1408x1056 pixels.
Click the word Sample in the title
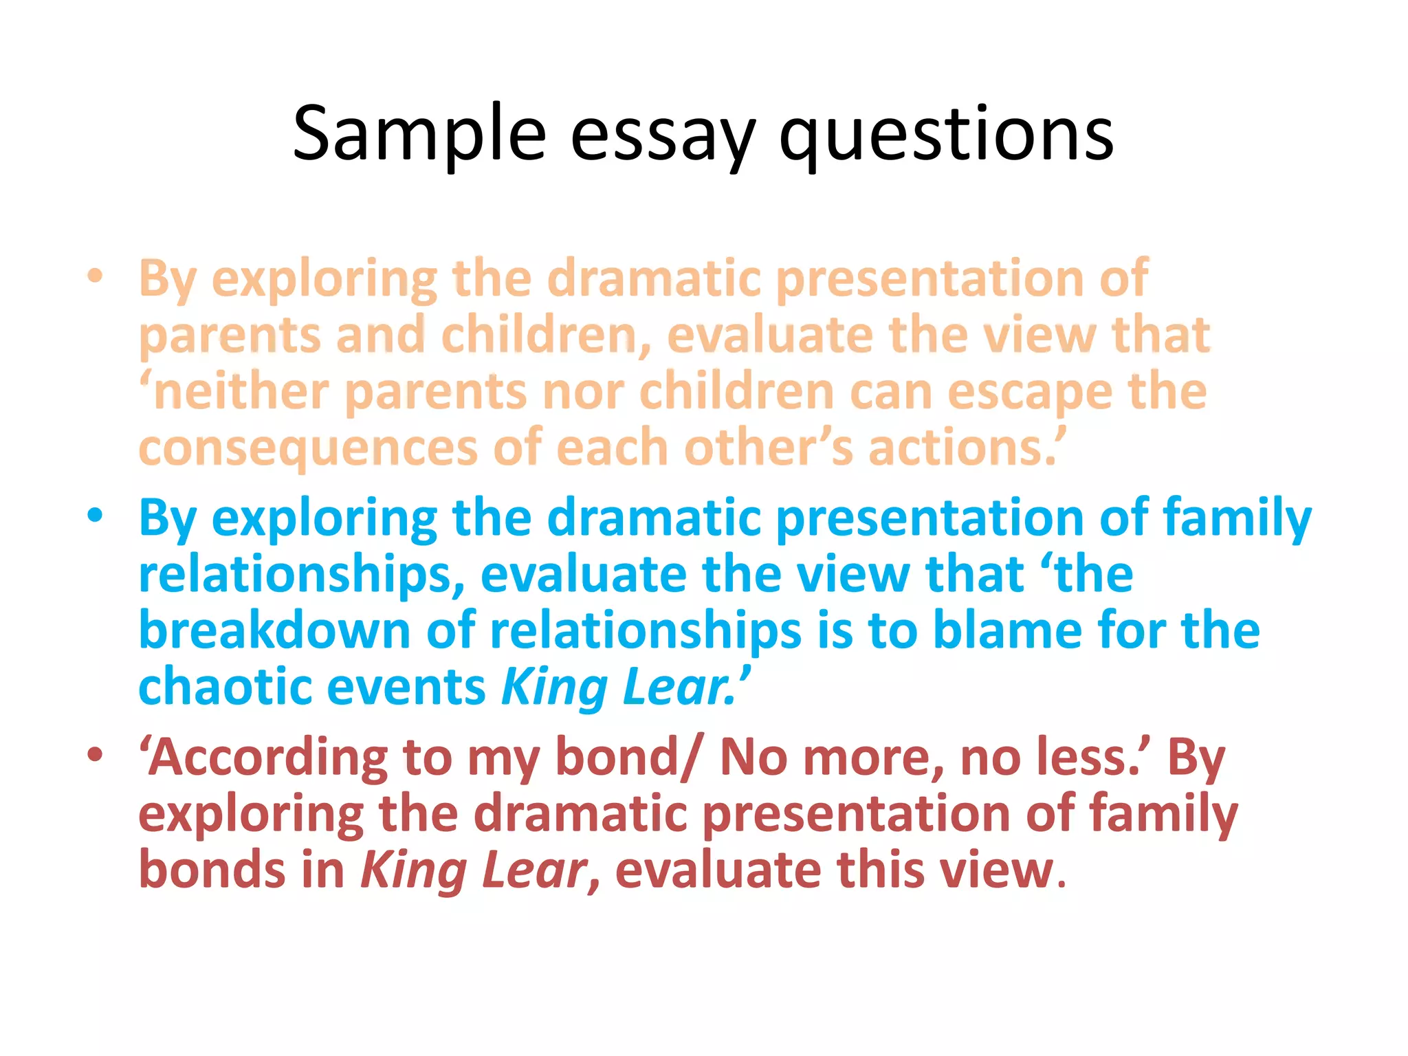pos(419,134)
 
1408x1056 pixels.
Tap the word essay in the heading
pos(662,134)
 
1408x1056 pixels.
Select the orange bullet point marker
pos(96,276)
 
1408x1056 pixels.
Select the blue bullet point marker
pos(96,515)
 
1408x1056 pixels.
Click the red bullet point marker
pos(96,754)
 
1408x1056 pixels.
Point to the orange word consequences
pos(307,448)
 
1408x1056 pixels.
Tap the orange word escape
pos(1029,391)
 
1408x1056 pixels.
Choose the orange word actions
pos(962,448)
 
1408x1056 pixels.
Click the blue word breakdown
pos(274,630)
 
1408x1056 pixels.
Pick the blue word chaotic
pos(225,687)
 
